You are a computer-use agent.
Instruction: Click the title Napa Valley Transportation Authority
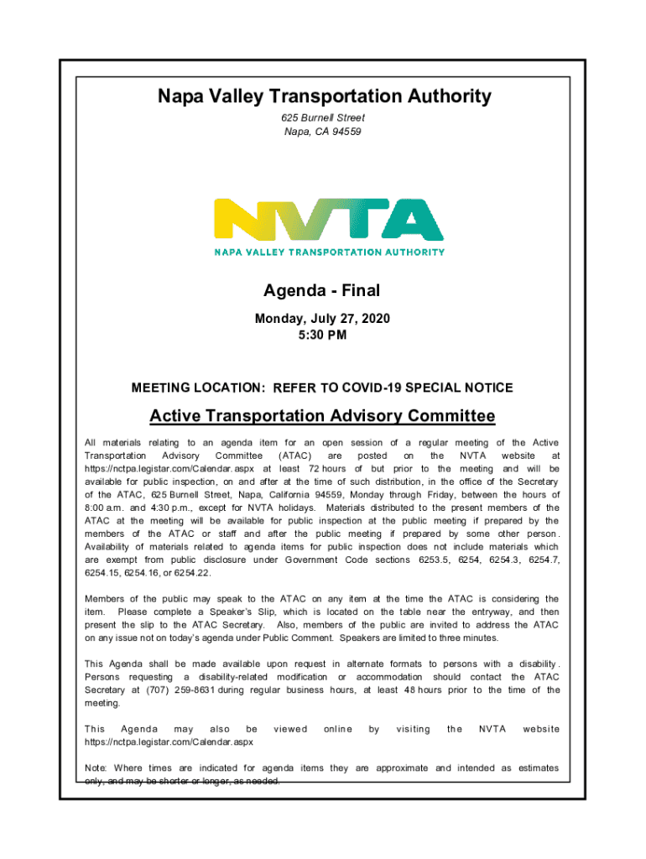coord(324,97)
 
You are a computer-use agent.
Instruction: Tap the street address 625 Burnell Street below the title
coord(323,118)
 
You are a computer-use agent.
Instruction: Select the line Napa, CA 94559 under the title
coord(323,133)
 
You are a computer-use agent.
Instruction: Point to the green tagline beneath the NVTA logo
coord(329,252)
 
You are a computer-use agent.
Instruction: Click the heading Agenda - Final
coord(322,291)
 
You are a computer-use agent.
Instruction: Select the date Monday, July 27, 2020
coord(322,320)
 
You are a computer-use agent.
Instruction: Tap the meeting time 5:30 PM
coord(322,336)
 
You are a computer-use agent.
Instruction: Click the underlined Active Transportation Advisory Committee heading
coord(322,416)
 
